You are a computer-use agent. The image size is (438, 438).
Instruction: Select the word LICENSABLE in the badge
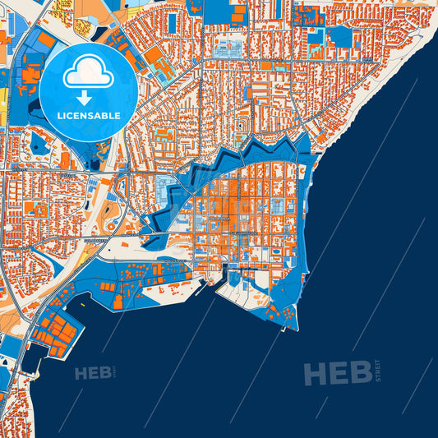[88, 114]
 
